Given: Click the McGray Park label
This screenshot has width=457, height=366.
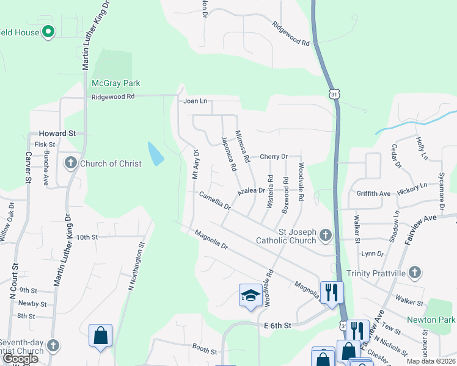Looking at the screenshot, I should (115, 83).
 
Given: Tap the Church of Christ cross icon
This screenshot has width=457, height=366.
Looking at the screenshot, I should (71, 163).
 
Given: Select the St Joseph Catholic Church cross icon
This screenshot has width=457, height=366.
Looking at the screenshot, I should (326, 235).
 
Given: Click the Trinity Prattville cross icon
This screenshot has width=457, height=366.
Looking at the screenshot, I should (415, 273).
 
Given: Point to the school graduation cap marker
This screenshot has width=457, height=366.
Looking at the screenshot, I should (249, 296).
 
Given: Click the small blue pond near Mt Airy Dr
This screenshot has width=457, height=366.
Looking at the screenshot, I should (155, 154).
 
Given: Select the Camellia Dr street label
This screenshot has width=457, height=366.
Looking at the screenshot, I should (214, 201).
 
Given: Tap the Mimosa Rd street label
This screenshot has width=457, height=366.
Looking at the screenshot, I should (243, 148).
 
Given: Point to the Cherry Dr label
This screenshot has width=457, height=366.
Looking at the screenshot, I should (273, 157).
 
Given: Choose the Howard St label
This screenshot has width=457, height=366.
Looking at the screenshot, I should (57, 133).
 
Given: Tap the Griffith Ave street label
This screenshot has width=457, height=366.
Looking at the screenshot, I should (373, 193).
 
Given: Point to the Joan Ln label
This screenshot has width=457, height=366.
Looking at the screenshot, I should (196, 101).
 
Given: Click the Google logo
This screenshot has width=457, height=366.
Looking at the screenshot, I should (21, 359).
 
